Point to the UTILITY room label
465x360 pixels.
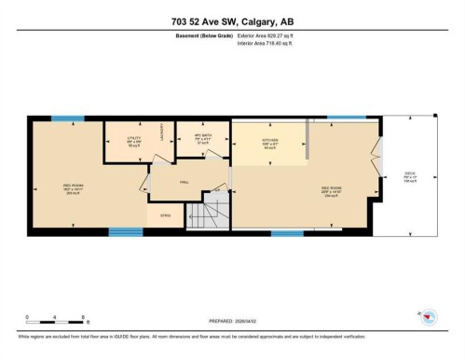133,141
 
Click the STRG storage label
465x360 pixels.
165,215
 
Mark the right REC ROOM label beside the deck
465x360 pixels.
331,191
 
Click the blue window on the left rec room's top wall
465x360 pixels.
67,118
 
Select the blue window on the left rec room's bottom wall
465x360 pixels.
125,231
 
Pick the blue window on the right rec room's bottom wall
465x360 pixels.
287,231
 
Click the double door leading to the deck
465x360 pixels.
377,149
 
